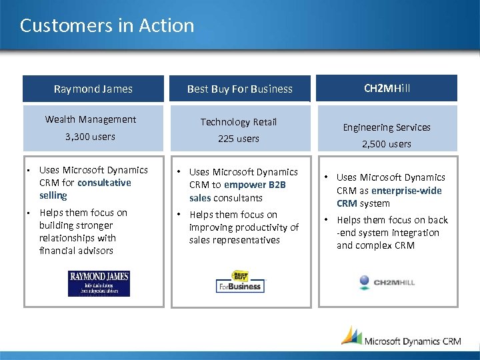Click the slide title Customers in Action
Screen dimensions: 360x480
107,26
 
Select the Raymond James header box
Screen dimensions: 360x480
93,89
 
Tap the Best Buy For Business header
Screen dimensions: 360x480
239,89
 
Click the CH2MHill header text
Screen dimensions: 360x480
387,88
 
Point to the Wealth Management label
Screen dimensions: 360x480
91,119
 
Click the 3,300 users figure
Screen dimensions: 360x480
90,137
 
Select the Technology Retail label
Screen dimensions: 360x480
239,122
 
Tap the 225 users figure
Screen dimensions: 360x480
239,139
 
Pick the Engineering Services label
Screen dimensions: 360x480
387,127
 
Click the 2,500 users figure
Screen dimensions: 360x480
387,144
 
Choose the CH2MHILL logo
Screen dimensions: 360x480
386,283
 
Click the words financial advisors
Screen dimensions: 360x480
76,251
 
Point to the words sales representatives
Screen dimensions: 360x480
234,240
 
